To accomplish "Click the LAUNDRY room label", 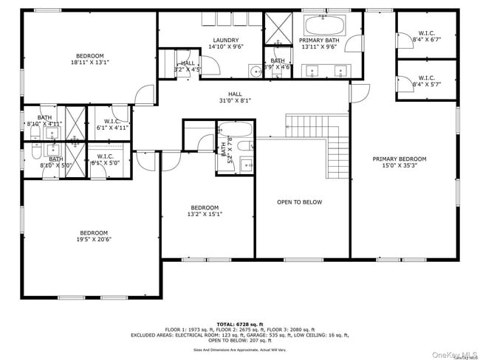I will click(x=225, y=40).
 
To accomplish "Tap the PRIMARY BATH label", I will click(x=319, y=40).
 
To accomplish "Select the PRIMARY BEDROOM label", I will click(x=399, y=159).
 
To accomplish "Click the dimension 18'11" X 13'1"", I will click(x=90, y=63).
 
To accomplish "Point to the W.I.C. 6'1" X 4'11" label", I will click(x=112, y=124).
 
